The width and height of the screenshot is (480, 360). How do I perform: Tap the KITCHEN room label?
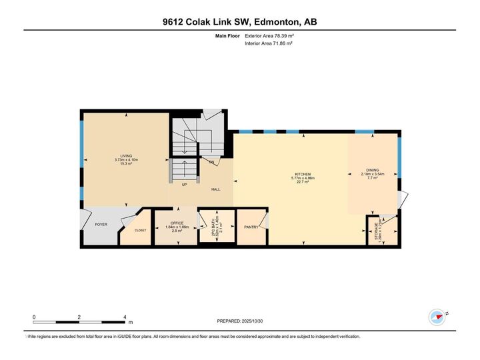coord(303,175)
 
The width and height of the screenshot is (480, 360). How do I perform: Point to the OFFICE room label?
coord(176,223)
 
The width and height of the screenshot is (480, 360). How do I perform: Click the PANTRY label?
coord(251,227)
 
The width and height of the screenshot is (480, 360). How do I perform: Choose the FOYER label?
coord(101,225)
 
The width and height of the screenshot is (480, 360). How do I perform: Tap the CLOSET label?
coord(140,230)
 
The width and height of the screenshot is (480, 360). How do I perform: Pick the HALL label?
coord(215,189)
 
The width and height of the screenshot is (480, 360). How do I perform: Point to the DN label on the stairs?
coord(211,162)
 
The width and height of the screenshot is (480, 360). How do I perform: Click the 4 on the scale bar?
coord(125,317)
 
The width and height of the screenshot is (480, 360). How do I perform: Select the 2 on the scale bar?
coord(79,317)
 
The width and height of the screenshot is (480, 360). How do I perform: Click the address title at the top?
coord(240,22)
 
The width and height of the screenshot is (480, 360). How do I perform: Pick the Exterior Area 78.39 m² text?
coord(270,36)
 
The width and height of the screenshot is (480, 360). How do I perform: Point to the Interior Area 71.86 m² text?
coord(269,43)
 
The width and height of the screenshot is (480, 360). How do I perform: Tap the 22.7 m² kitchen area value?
coord(303,182)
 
